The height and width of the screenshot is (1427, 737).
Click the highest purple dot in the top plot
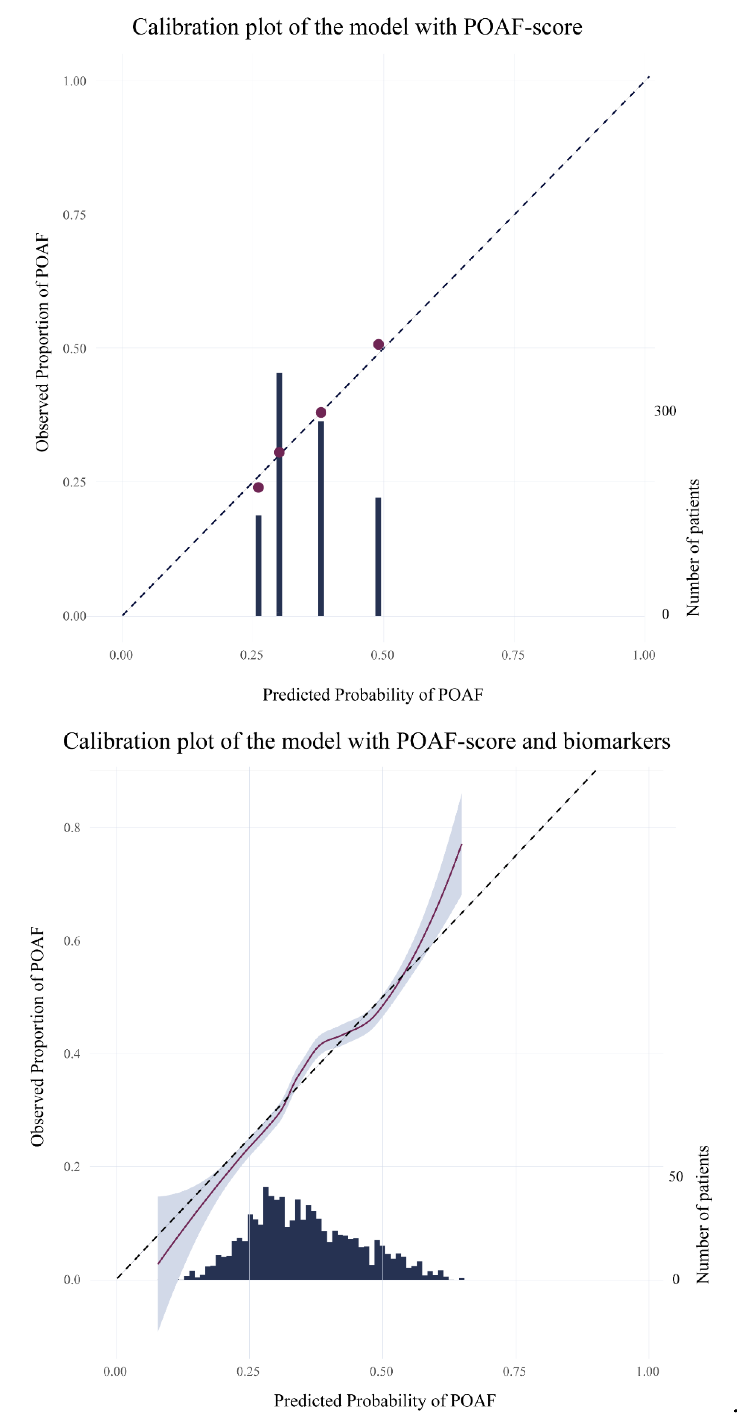[x=379, y=345]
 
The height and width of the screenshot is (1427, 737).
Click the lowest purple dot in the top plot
[x=258, y=487]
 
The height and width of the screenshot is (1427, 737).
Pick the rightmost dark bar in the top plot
[x=378, y=557]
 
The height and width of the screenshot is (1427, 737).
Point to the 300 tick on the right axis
[x=665, y=411]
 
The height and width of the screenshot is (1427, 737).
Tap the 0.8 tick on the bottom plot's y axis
[x=72, y=828]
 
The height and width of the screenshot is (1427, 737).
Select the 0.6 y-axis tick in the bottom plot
[x=72, y=941]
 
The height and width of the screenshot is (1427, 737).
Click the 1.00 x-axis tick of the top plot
[x=644, y=655]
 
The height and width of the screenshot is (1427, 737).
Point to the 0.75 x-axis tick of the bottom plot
[x=514, y=1372]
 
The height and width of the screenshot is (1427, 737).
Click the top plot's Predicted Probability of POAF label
[x=373, y=695]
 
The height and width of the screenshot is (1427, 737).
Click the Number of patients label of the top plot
[x=693, y=547]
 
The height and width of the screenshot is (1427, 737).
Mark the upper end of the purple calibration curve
[x=461, y=845]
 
